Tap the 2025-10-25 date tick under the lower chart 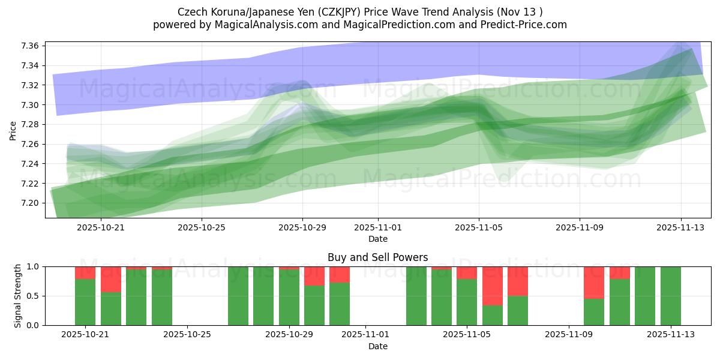188,335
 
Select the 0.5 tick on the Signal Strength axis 34,296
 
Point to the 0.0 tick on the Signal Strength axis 34,325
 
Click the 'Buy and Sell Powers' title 377,257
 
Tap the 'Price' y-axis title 13,130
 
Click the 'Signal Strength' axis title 18,296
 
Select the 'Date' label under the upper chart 377,239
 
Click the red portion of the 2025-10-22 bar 111,279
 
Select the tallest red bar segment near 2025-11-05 493,286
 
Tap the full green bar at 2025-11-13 670,296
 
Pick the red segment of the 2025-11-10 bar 594,282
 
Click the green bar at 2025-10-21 85,302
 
